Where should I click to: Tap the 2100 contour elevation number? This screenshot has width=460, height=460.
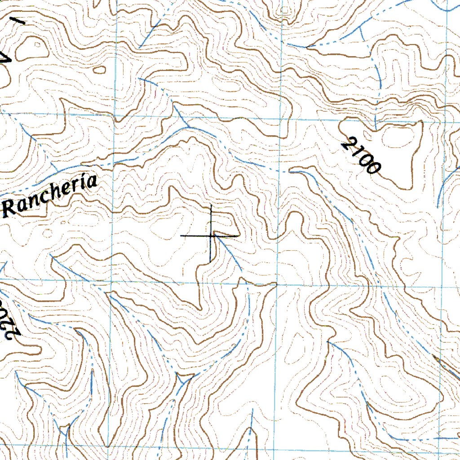pyautogui.click(x=361, y=156)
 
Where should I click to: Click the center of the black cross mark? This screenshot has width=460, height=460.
pyautogui.click(x=211, y=235)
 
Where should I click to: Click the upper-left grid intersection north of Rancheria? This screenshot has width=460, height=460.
pyautogui.click(x=115, y=115)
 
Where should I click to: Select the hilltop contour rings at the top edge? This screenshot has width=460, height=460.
pyautogui.click(x=284, y=9)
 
